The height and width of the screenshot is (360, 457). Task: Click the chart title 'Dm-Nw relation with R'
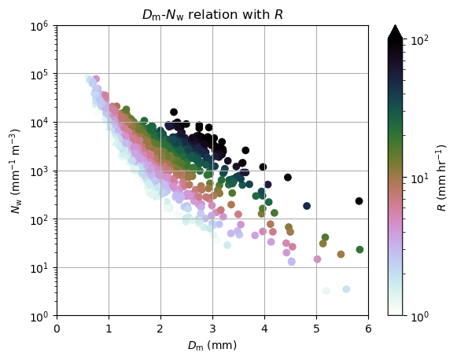tap(212, 15)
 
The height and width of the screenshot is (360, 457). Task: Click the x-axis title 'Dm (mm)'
tap(212, 345)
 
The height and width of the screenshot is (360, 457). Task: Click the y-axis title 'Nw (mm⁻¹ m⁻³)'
tap(16, 171)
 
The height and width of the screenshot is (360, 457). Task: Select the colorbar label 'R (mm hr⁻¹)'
tap(442, 178)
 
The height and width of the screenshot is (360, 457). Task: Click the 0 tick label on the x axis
tap(57, 329)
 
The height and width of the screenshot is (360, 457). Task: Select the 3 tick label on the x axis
tap(212, 329)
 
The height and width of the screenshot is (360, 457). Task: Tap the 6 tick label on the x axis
tap(368, 329)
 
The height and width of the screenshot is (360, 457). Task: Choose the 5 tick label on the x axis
tap(316, 329)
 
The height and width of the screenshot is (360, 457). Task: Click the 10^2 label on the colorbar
tap(420, 39)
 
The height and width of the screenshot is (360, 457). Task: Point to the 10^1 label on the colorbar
tap(420, 178)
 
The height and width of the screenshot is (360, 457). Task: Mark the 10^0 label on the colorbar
tap(420, 317)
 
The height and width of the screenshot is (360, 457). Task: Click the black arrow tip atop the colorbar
tap(395, 25)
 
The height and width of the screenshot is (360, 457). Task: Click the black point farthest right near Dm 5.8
tap(359, 201)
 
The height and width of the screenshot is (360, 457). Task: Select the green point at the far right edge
tap(359, 249)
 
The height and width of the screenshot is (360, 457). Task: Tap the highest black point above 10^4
tap(174, 112)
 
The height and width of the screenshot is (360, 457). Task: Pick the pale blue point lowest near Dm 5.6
tap(346, 289)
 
